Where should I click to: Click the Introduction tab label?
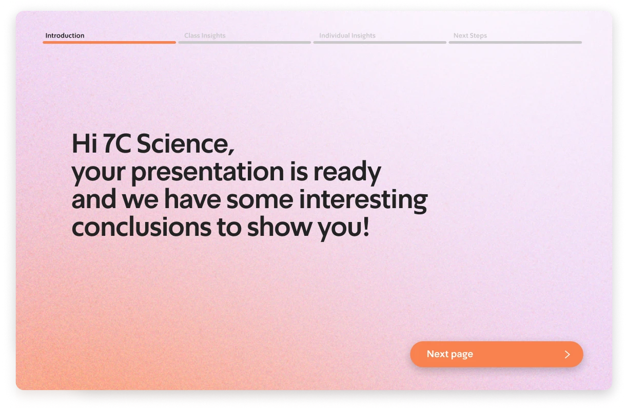65,35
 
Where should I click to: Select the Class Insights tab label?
205,35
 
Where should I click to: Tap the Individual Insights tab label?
347,35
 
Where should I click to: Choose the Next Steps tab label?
470,35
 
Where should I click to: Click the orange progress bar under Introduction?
109,43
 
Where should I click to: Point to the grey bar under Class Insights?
245,43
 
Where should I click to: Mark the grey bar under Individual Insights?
380,43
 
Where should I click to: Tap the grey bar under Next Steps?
515,43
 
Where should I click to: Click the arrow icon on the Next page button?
567,355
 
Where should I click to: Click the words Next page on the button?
450,354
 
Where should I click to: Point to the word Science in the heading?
185,143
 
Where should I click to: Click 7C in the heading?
117,143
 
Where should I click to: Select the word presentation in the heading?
208,172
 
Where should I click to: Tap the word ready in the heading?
347,172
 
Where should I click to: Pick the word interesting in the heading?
363,199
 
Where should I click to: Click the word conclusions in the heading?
142,227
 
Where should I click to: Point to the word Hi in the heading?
84,143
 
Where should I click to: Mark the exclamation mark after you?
366,226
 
